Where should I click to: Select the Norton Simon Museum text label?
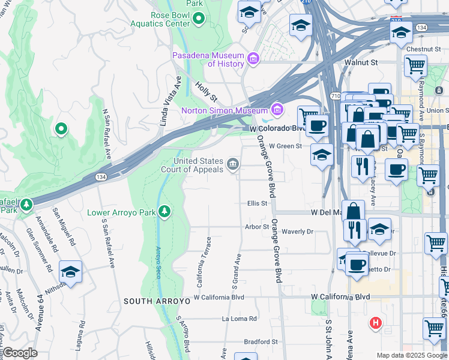(x=224, y=111)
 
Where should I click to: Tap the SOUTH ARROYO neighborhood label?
(x=150, y=301)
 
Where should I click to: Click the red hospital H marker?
(x=376, y=323)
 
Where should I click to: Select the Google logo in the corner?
(x=19, y=353)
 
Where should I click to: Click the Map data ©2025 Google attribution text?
(x=411, y=355)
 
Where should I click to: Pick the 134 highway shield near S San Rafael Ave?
(x=102, y=178)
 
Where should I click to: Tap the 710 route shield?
(x=336, y=97)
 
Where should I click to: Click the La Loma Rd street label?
(x=240, y=319)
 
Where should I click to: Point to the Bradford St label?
(x=261, y=342)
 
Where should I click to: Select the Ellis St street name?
(x=257, y=203)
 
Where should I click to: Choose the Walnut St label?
(x=360, y=62)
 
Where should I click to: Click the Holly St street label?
(x=206, y=92)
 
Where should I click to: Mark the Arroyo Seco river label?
(x=159, y=262)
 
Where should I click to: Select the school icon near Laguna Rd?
(x=70, y=271)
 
